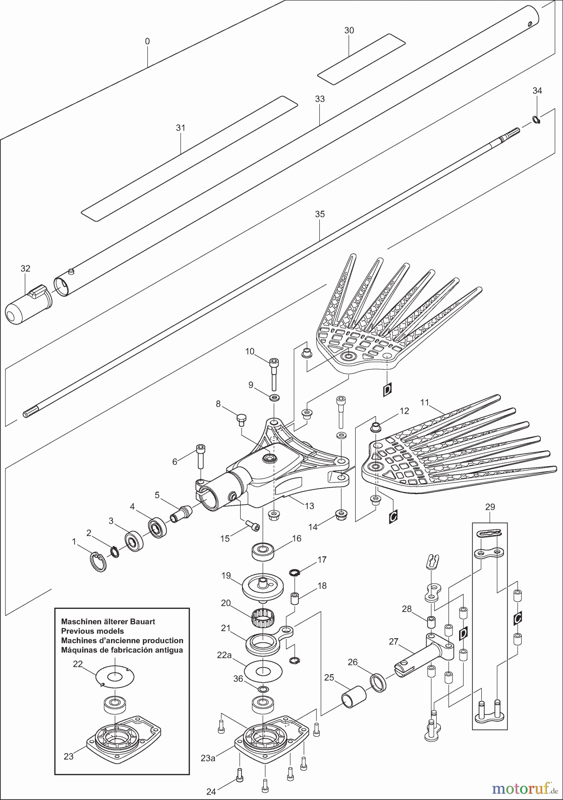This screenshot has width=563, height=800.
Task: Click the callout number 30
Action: [x=349, y=31]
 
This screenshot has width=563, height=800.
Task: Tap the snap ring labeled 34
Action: [x=536, y=120]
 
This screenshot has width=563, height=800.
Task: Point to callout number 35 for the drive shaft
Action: [x=320, y=214]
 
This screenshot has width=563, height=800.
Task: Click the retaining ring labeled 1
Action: [x=99, y=562]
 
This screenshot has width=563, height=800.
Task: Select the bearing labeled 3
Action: [x=133, y=541]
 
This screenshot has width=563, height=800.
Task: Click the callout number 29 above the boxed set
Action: [x=490, y=507]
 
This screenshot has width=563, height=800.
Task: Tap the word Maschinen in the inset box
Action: [x=80, y=621]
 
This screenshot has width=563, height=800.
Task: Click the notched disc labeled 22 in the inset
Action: [x=115, y=677]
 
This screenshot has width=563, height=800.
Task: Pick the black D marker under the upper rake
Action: [x=387, y=390]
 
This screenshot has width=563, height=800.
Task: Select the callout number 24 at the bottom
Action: [x=211, y=792]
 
